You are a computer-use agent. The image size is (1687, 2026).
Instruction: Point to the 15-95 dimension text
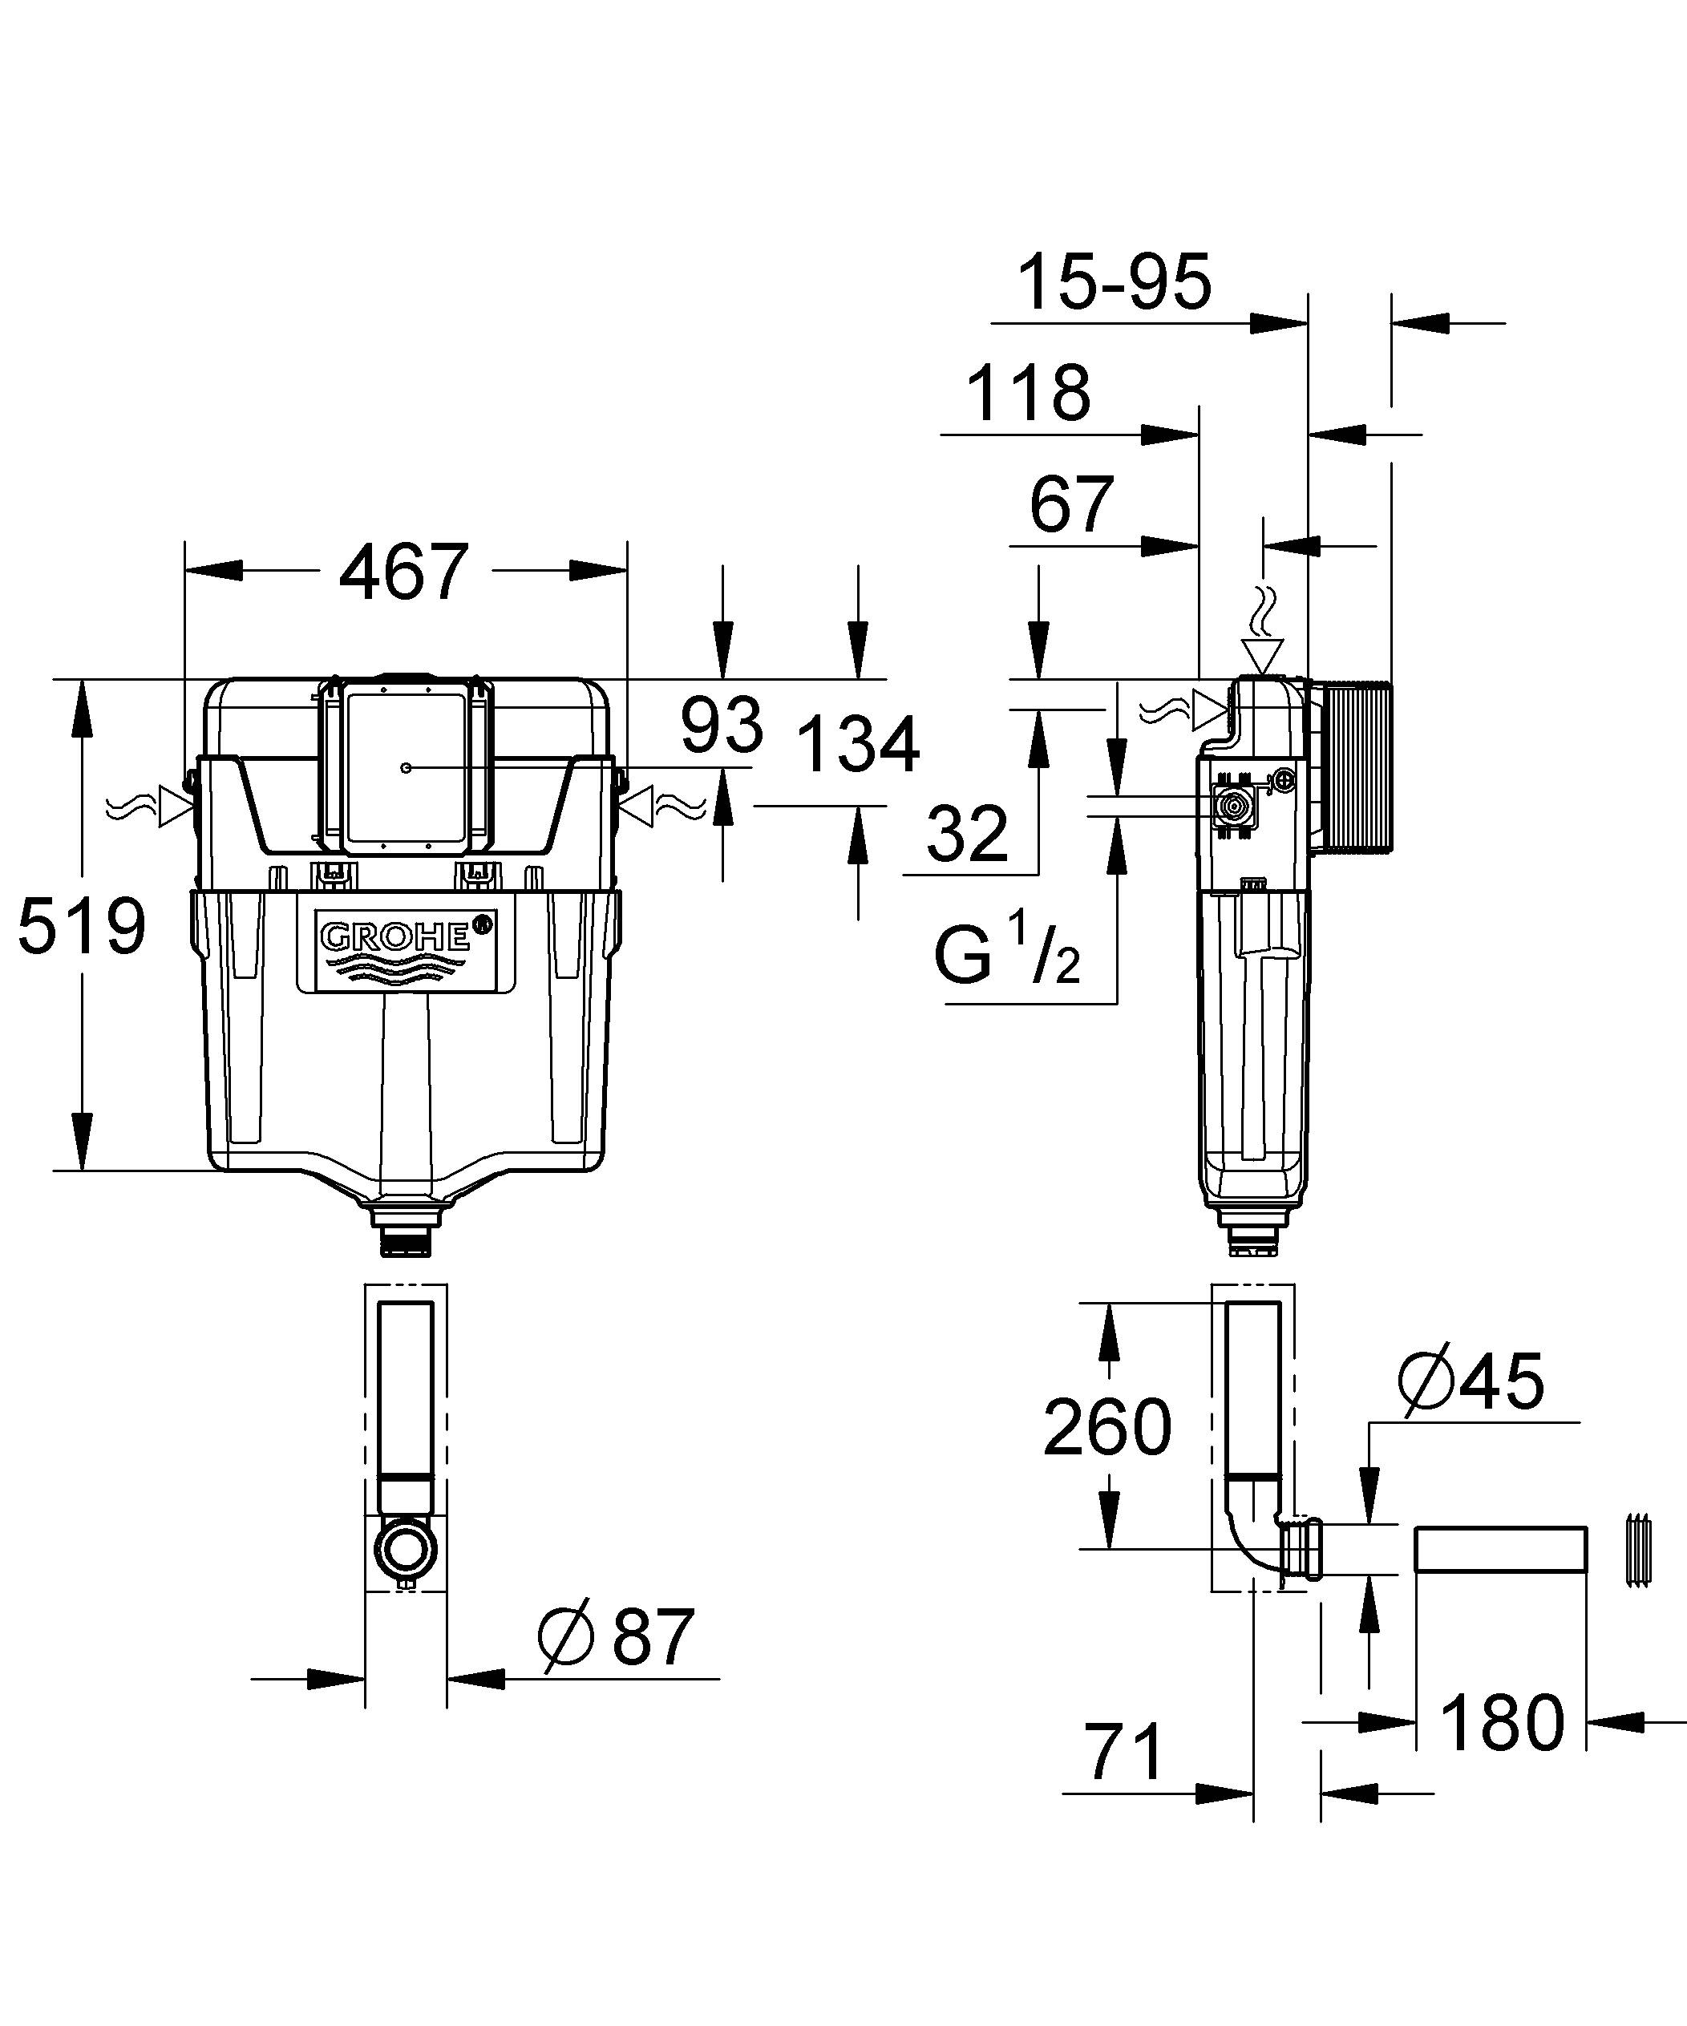pyautogui.click(x=1114, y=283)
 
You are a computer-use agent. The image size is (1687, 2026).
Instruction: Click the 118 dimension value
pyautogui.click(x=1028, y=394)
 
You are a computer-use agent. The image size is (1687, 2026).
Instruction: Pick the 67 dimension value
pyautogui.click(x=1071, y=504)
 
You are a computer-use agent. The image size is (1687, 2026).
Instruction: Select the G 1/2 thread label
pyautogui.click(x=1005, y=953)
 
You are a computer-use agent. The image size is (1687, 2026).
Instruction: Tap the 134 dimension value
pyautogui.click(x=858, y=745)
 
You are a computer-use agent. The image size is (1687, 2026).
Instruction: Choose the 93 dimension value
pyautogui.click(x=722, y=726)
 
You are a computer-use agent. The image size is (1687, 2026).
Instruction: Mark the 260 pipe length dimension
pyautogui.click(x=1107, y=1426)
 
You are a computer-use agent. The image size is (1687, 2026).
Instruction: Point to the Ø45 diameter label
pyautogui.click(x=1471, y=1381)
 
